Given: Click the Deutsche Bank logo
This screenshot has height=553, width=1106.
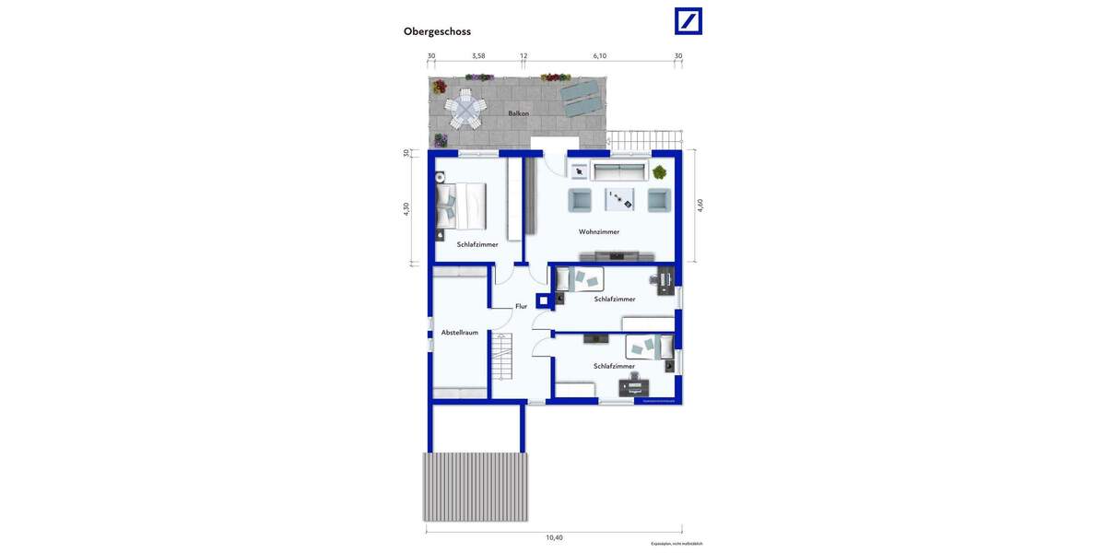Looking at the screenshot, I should coord(688,21).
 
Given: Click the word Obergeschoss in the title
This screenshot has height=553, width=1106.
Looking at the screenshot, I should coord(437,31).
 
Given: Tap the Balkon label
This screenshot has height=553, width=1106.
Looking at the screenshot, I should coord(518,113).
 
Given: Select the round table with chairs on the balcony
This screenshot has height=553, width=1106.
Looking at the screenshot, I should coord(465,109).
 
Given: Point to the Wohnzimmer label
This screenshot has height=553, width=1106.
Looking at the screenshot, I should coord(599,232).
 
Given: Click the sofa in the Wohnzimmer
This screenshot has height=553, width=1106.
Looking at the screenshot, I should coord(618,171).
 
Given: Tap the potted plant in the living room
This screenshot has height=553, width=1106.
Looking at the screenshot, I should coord(660,171).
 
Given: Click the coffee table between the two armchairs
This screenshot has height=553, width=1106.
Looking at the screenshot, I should coord(619,199).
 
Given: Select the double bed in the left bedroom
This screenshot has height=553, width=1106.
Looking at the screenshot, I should coord(461,206).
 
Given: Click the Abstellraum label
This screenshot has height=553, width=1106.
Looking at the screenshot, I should coord(459,333).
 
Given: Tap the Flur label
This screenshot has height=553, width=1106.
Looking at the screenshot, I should coord(521,306).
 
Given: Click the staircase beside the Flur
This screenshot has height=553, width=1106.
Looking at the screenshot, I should coord(501,357).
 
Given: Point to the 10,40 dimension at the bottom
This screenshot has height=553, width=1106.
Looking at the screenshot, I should coord(554,537).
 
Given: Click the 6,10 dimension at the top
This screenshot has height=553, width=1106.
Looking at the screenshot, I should coord(600,56).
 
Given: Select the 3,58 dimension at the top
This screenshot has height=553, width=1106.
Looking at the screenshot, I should coord(478,56).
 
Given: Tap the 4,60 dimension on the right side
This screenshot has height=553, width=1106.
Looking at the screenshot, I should coord(700,206).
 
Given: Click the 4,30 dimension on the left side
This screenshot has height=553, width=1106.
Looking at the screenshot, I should coord(406,209).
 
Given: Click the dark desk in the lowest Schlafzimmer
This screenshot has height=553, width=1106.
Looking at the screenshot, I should coord(634,388).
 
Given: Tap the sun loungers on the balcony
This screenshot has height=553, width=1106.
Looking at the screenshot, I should coord(581,97).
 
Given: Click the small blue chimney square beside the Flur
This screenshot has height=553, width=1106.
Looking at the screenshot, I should coord(544,300).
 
